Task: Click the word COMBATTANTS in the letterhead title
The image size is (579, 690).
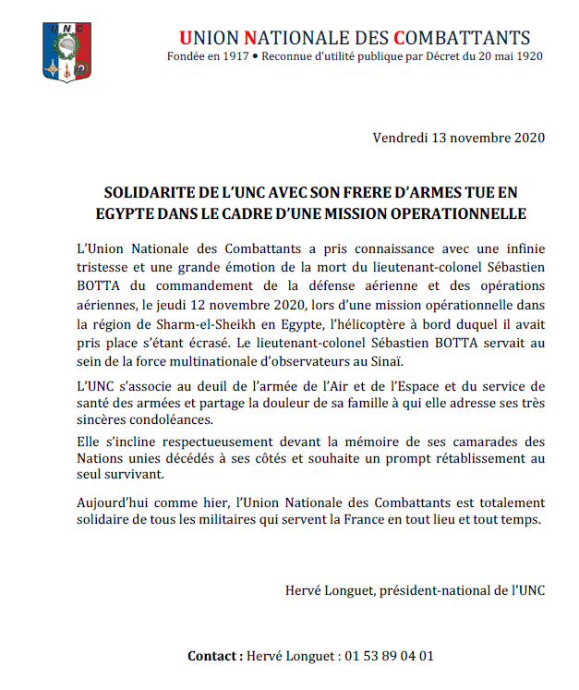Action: (x=463, y=38)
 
